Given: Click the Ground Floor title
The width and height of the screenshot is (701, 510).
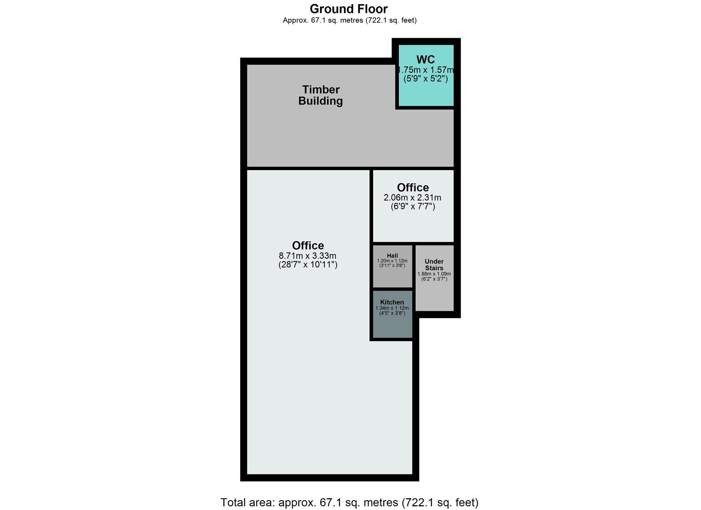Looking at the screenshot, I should [348, 9].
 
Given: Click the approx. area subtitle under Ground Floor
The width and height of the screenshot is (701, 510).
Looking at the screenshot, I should [349, 20].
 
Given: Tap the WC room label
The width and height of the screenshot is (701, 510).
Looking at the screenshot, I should [425, 60].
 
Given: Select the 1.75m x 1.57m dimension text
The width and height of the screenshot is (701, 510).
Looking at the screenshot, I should [426, 70].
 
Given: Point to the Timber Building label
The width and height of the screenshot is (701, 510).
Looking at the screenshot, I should [321, 95].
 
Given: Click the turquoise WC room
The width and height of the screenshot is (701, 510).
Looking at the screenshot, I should [426, 94].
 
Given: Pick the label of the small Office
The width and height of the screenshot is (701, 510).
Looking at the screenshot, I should [413, 187].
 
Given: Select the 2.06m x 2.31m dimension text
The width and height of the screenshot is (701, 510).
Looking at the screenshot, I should [413, 197].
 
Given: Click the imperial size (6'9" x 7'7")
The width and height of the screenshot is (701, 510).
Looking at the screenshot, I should [413, 206].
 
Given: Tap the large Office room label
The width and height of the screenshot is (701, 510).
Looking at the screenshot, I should [308, 246].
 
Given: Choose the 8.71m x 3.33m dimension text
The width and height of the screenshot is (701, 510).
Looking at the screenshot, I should [308, 256].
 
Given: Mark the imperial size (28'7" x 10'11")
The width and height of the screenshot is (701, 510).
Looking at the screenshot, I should [308, 264].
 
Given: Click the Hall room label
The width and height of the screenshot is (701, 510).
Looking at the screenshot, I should [392, 256].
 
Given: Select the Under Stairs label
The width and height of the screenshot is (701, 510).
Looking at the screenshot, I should [434, 264].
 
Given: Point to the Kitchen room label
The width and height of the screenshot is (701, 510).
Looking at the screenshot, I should [392, 302].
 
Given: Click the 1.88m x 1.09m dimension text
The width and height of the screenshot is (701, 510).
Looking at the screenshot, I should [434, 274].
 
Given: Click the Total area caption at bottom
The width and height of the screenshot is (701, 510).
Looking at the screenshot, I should [349, 502].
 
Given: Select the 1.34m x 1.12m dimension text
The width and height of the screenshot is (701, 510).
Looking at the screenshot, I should [392, 308].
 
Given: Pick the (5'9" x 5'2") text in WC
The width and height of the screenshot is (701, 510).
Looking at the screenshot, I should [426, 79].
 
